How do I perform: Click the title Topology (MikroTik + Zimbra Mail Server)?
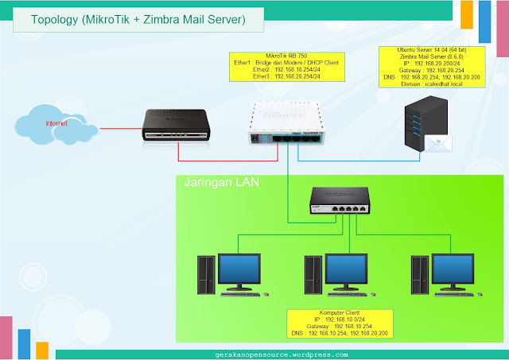pos(138,17)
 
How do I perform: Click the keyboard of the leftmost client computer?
pos(244,296)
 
